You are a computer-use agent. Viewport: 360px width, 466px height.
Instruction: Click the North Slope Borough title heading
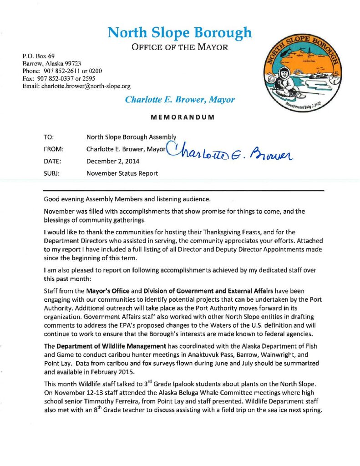pyautogui.click(x=179, y=33)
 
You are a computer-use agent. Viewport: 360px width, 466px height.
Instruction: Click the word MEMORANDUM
pyautogui.click(x=180, y=117)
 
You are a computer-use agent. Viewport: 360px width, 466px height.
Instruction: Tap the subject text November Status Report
pyautogui.click(x=122, y=173)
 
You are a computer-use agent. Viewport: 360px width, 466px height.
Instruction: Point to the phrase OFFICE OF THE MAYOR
pyautogui.click(x=179, y=47)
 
